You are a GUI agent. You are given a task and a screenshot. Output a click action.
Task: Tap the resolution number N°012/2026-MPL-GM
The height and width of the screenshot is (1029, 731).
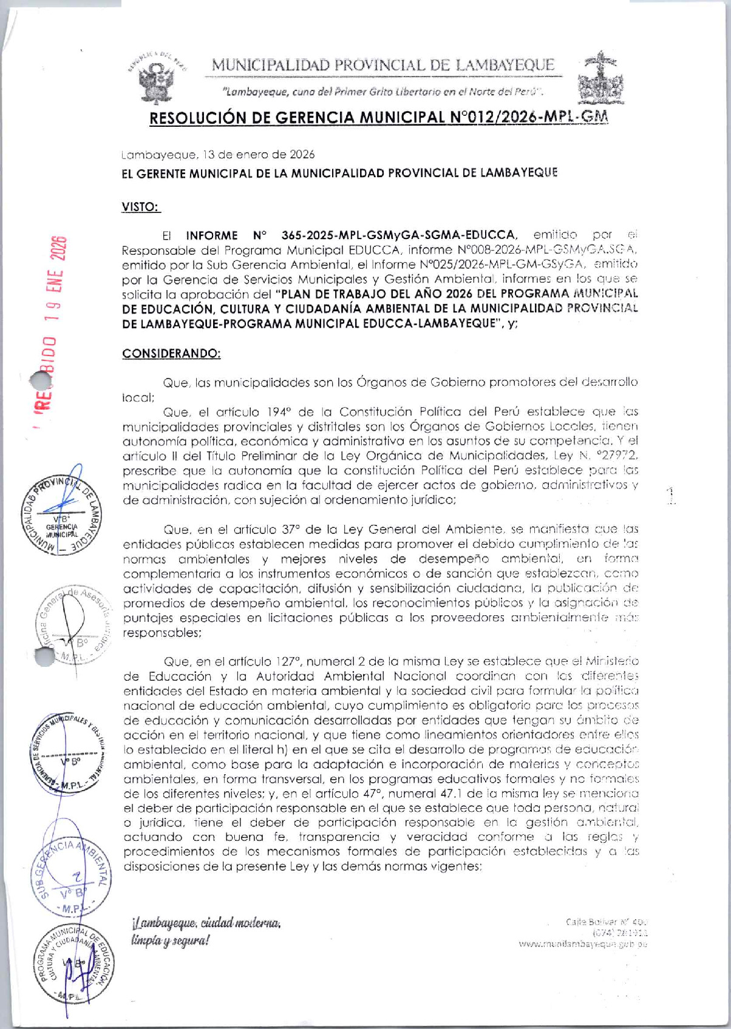point(529,118)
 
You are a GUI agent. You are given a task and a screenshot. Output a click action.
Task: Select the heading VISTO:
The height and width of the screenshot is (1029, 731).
point(140,207)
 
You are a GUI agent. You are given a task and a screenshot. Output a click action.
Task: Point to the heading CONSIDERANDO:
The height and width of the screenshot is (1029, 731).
point(171,354)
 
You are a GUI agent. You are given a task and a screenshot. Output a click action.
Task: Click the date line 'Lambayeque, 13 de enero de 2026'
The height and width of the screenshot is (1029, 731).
point(218,155)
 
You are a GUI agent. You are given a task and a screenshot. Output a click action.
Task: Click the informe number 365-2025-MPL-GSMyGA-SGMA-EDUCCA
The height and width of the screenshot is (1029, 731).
point(399,235)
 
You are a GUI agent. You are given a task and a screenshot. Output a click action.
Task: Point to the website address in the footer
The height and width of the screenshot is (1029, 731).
point(582,944)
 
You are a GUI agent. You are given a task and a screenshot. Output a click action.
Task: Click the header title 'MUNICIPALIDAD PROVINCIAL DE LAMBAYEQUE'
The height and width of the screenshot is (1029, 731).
point(383,65)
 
